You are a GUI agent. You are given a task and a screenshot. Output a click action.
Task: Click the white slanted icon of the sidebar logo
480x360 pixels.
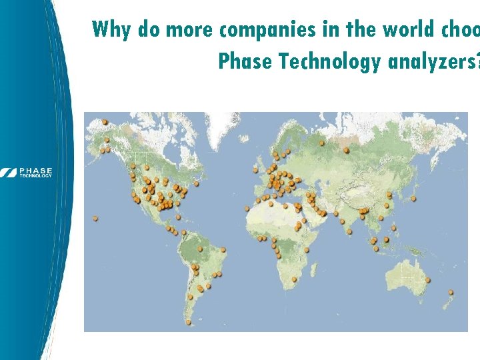(9, 172)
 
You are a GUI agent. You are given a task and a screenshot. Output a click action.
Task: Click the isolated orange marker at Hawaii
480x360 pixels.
(96, 217)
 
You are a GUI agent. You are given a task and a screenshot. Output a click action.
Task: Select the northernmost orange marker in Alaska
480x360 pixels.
(105, 121)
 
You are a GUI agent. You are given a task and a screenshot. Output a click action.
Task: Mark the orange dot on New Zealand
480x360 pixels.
(451, 291)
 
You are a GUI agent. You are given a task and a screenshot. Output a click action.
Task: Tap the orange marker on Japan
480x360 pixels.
(414, 198)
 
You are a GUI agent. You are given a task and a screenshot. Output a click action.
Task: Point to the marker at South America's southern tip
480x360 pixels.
(189, 322)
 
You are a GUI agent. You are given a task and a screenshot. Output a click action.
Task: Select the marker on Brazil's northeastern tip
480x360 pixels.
(223, 251)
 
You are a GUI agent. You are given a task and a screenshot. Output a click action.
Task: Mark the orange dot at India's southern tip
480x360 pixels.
(349, 231)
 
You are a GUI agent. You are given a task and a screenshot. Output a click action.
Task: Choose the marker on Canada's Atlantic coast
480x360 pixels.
(199, 181)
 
